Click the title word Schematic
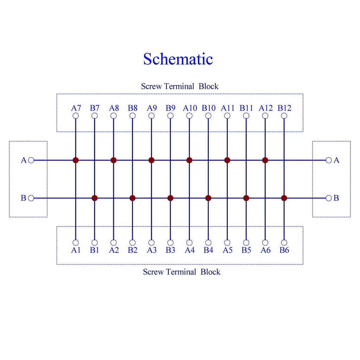pyautogui.click(x=178, y=59)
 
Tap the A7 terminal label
pyautogui.click(x=76, y=108)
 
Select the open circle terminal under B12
pyautogui.click(x=284, y=116)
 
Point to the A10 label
pyautogui.click(x=190, y=108)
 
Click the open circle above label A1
pyautogui.click(x=76, y=243)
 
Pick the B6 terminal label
pyautogui.click(x=284, y=250)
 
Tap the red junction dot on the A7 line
pyautogui.click(x=76, y=160)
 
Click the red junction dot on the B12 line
pyautogui.click(x=284, y=198)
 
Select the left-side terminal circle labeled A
pyautogui.click(x=31, y=160)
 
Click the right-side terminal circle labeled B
pyautogui.click(x=329, y=198)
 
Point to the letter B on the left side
pyautogui.click(x=24, y=198)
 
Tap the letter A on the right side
pyautogui.click(x=336, y=160)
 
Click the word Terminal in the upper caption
pyautogui.click(x=179, y=86)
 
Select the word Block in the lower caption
pyautogui.click(x=210, y=272)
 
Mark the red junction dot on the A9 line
pyautogui.click(x=151, y=160)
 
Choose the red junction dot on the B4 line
pyautogui.click(x=208, y=198)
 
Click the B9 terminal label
pyautogui.click(x=171, y=108)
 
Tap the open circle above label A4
pyautogui.click(x=189, y=243)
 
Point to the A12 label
pyautogui.click(x=266, y=108)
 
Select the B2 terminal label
pyautogui.click(x=133, y=250)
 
